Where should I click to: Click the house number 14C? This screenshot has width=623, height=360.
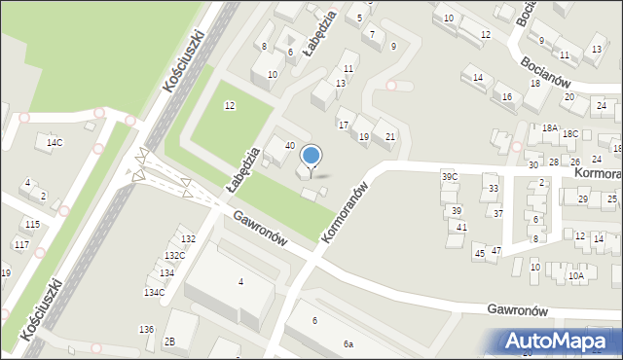point(55,143)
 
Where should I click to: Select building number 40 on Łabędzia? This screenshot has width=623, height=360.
point(289,146)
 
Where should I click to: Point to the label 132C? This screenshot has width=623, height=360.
point(174,256)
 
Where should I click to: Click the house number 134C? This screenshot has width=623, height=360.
point(154,292)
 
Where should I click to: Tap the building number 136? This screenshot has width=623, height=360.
point(146,329)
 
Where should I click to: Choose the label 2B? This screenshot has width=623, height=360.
point(169,341)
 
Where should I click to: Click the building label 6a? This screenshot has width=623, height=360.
point(348,344)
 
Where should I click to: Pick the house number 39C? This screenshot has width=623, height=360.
point(450,177)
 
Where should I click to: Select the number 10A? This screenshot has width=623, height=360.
point(576,276)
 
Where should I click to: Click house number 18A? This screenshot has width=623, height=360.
point(550,128)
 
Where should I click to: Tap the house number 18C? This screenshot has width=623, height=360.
point(570,134)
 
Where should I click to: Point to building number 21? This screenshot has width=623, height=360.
point(389,136)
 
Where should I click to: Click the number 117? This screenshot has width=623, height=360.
point(21,244)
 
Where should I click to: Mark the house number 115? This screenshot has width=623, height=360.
point(32,225)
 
